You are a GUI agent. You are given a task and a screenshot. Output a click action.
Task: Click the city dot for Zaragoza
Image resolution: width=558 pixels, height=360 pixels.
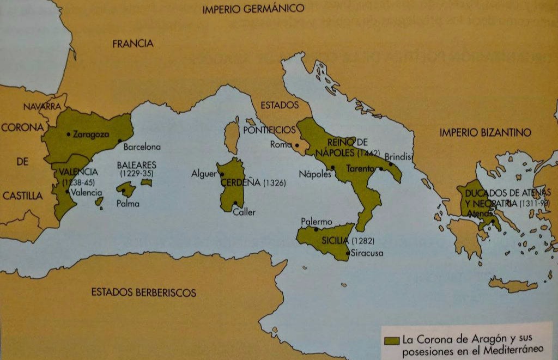point(69,133)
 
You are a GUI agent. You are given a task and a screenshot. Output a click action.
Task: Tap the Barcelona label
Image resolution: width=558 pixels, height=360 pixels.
point(142,147)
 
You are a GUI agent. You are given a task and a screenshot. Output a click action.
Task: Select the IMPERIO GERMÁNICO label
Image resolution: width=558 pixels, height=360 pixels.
point(253,9)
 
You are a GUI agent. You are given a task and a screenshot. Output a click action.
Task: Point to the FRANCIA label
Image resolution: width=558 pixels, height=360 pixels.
point(133,44)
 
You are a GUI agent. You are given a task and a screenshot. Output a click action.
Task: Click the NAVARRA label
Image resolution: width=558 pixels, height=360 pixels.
point(42,107)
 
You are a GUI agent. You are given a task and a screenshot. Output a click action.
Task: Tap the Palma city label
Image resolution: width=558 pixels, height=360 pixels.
point(128,204)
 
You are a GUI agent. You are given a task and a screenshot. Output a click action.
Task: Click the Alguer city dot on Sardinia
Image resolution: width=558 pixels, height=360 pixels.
point(222,174)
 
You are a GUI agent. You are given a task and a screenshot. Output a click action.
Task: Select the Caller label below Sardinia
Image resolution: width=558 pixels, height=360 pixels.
point(244,212)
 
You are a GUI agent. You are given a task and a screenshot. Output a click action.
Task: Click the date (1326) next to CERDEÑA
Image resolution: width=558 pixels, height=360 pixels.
point(274,184)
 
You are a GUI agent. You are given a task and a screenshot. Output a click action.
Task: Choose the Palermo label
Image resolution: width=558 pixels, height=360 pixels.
point(316,222)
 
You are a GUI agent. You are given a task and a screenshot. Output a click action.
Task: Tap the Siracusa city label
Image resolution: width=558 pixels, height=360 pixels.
point(368,253)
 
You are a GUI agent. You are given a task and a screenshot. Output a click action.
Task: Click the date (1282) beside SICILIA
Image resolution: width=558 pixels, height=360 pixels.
point(363,241)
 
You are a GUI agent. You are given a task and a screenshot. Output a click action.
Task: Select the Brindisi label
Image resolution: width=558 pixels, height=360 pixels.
point(399,156)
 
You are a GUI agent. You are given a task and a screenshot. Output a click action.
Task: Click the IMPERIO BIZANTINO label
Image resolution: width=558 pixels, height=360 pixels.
point(485,132)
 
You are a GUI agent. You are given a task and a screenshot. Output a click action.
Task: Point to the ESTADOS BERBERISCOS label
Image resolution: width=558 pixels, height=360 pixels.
point(143,292)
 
